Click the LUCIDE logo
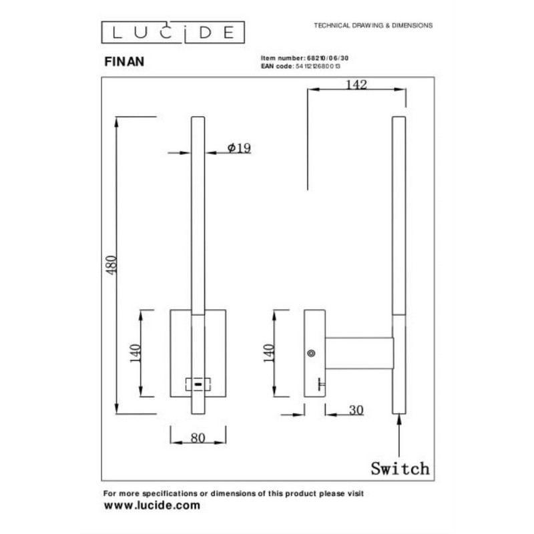pos(173,32)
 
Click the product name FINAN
pos(124,61)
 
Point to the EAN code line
pos(300,66)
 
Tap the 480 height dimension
pos(111,265)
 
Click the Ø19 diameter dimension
pos(239,148)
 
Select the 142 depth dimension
pos(356,85)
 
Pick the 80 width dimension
pos(198,438)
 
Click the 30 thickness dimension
pos(356,410)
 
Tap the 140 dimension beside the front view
pos(136,354)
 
